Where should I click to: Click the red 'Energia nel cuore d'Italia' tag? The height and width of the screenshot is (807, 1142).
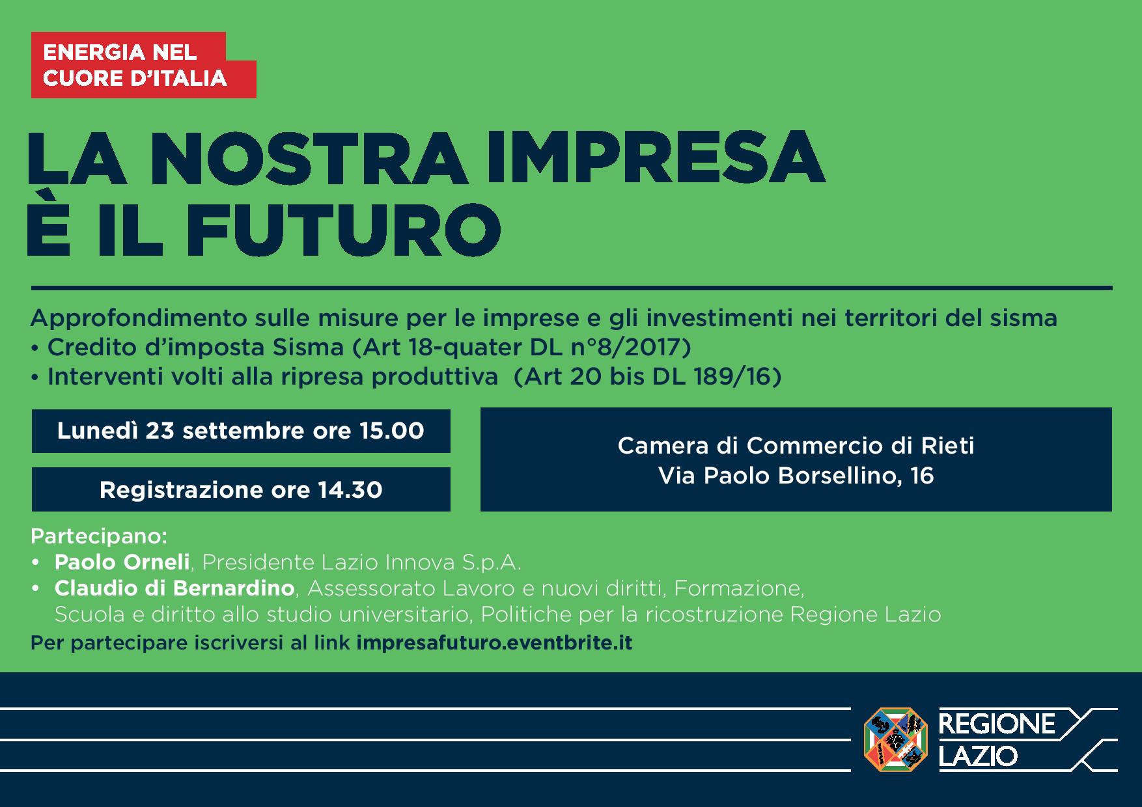tap(143, 65)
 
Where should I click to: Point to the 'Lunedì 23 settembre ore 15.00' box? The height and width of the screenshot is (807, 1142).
tap(241, 431)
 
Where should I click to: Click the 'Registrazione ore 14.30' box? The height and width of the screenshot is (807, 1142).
tap(241, 489)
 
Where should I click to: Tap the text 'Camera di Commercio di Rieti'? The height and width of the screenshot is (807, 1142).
tap(796, 446)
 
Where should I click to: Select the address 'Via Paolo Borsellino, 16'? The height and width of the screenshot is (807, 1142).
tap(796, 476)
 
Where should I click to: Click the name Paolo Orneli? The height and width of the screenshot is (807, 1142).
tap(122, 562)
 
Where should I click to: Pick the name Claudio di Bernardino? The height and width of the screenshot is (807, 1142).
tap(174, 588)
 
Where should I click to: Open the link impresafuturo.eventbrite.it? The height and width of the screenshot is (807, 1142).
tap(495, 643)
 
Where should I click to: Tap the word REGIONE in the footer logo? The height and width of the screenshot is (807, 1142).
tap(997, 724)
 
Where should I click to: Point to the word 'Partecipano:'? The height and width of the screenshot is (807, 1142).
tap(99, 537)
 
